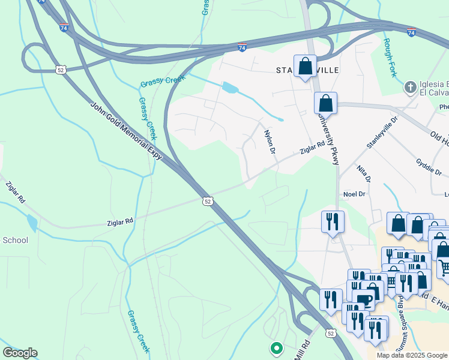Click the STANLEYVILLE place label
(x=308, y=71)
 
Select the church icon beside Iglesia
(x=411, y=87)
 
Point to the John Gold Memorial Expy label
(x=126, y=130)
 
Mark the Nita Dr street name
(x=364, y=175)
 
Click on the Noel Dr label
(x=354, y=194)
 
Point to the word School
(x=15, y=240)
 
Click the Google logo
(x=20, y=353)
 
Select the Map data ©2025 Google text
(x=412, y=355)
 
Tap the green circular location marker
(x=276, y=347)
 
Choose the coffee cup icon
(x=364, y=299)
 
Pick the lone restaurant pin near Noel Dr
(x=332, y=221)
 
